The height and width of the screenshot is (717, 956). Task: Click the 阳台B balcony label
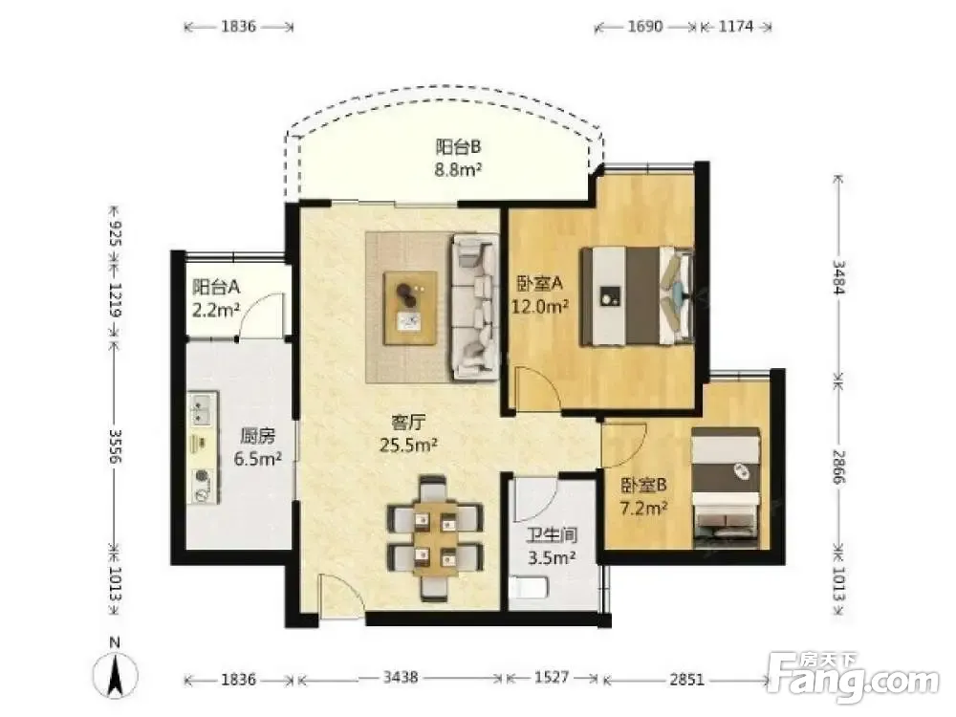[458, 147]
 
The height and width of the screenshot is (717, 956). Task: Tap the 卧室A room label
[539, 283]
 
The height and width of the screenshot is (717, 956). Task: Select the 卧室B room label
[643, 486]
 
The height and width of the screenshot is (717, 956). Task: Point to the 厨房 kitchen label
[257, 436]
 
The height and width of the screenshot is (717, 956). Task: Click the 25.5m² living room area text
[408, 445]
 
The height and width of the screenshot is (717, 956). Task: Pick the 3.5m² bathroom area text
[553, 557]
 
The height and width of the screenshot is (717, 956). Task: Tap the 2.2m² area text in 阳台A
[216, 310]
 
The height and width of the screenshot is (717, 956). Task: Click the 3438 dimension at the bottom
[401, 678]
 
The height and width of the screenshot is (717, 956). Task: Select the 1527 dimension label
[552, 678]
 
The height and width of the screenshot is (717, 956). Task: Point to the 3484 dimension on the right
[839, 277]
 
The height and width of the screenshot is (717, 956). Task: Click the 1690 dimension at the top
[645, 26]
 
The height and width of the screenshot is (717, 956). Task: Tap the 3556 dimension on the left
[116, 446]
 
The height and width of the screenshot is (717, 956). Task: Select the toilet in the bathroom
[529, 588]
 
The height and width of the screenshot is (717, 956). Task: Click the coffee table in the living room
[410, 308]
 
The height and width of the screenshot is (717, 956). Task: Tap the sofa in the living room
[474, 307]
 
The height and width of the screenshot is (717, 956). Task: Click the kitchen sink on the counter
[202, 408]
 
